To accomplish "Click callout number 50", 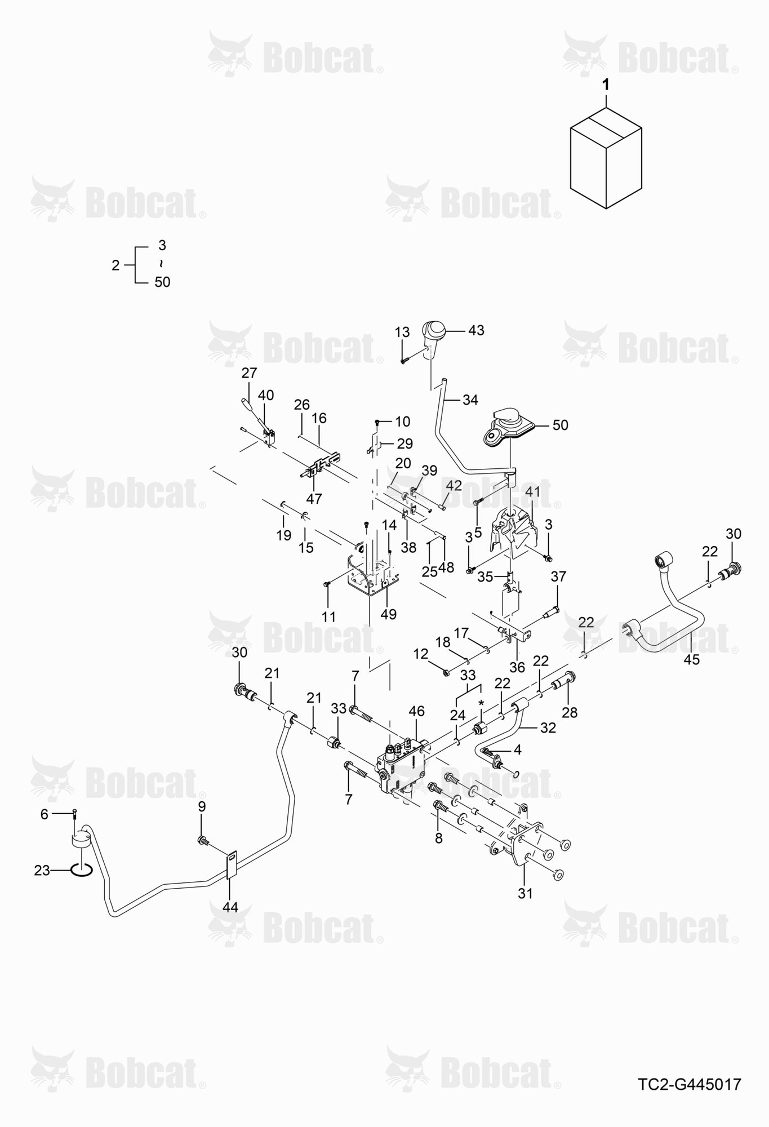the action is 560,425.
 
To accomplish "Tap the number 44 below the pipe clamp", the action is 230,907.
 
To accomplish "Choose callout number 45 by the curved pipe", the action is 691,659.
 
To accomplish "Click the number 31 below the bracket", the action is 524,893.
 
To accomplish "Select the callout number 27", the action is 249,373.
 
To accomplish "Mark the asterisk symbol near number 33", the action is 481,703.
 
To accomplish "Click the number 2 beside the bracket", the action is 116,265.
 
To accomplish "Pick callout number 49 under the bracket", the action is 388,614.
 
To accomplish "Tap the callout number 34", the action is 470,400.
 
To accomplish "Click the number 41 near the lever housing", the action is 532,491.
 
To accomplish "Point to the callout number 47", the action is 314,498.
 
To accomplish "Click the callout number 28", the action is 570,712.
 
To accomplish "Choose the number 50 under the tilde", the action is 162,282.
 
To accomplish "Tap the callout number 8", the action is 439,838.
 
